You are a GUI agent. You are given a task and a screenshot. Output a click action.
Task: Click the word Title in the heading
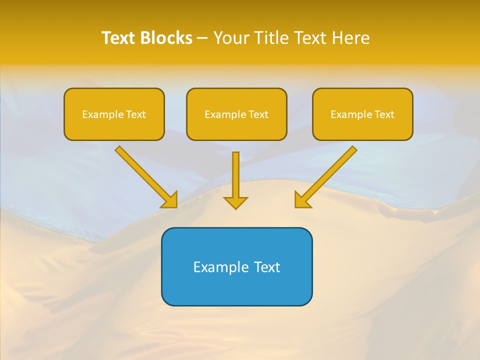coord(269,38)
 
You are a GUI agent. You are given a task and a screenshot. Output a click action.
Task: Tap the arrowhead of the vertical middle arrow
coord(235,202)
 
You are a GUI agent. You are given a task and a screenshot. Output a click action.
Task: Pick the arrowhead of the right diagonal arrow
coord(301,200)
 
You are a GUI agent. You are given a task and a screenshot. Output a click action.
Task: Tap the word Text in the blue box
coord(267,267)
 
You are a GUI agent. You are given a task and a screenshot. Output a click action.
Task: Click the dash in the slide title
coord(202,38)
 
